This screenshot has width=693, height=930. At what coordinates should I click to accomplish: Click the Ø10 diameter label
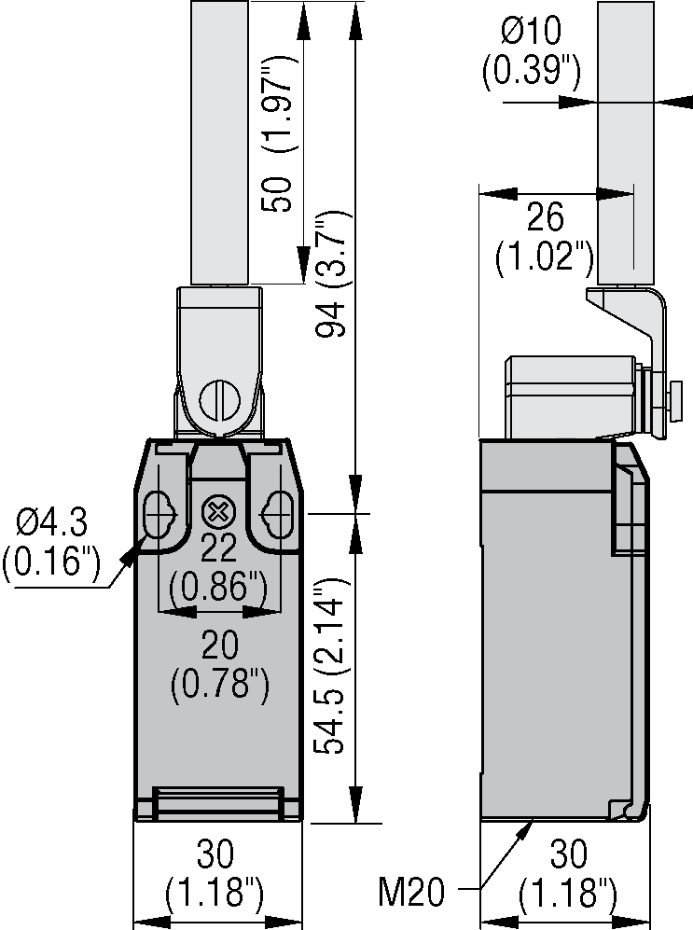[x=531, y=32]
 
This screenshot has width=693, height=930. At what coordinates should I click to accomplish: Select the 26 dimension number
[x=545, y=217]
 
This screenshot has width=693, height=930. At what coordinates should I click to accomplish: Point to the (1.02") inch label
[x=545, y=258]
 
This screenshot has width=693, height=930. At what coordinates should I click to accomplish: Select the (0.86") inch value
[x=218, y=588]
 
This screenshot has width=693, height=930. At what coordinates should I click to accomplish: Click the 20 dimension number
[x=220, y=645]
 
